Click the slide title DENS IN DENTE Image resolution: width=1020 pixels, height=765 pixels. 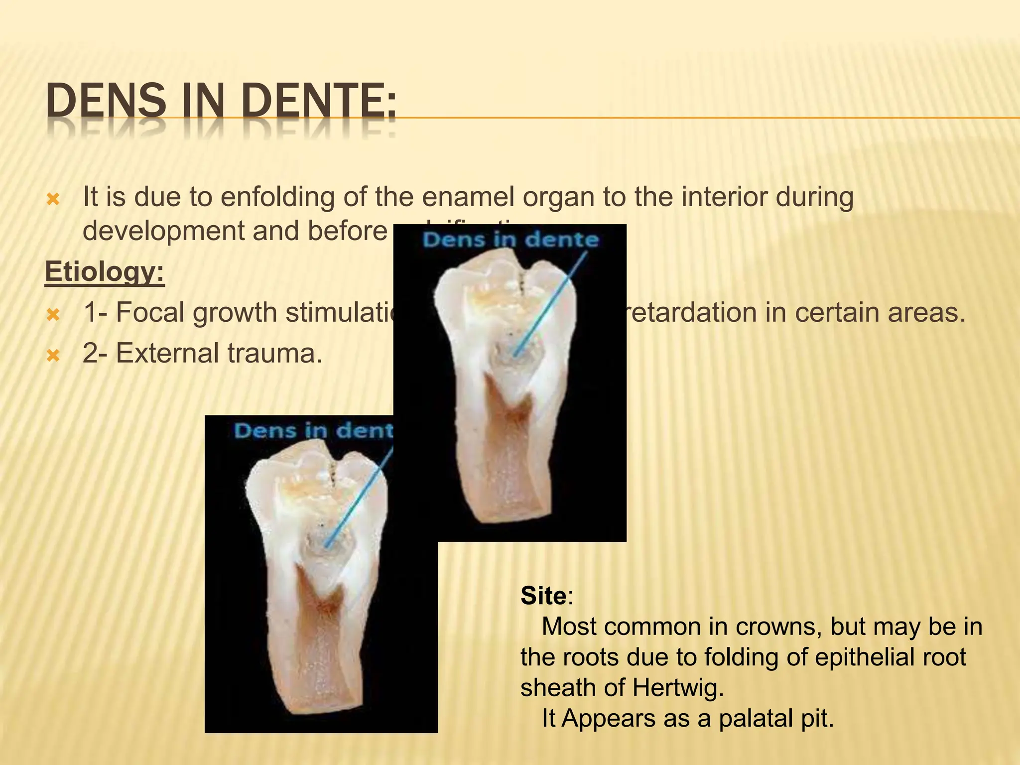click(221, 102)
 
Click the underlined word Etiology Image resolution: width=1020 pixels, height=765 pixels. click(105, 272)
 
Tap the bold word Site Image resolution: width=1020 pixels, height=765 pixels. click(543, 596)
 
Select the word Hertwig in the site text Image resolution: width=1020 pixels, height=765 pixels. click(678, 688)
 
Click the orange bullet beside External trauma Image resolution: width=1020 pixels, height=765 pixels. click(53, 355)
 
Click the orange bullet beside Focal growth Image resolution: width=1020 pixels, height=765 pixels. click(53, 314)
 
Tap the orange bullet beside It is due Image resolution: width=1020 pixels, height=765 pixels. click(53, 200)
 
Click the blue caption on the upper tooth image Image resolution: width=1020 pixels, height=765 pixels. click(510, 240)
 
